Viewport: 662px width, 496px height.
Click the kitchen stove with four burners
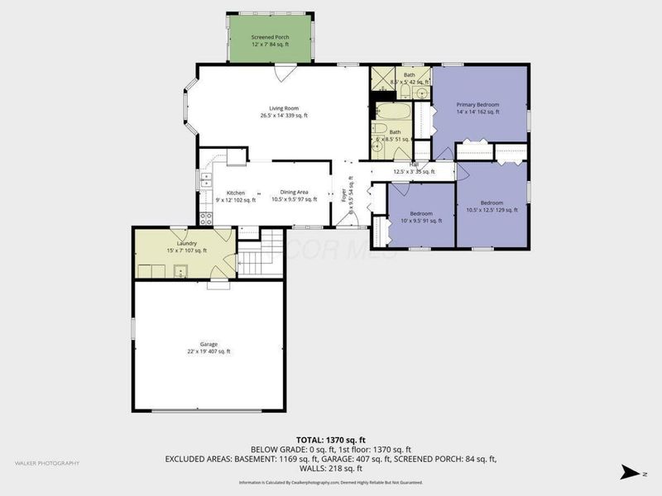pyautogui.click(x=204, y=219)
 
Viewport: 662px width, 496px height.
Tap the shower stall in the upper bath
pyautogui.click(x=381, y=79)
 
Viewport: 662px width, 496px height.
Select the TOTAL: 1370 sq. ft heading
pyautogui.click(x=331, y=439)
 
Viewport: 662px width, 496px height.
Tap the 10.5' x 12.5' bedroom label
pyautogui.click(x=492, y=206)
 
